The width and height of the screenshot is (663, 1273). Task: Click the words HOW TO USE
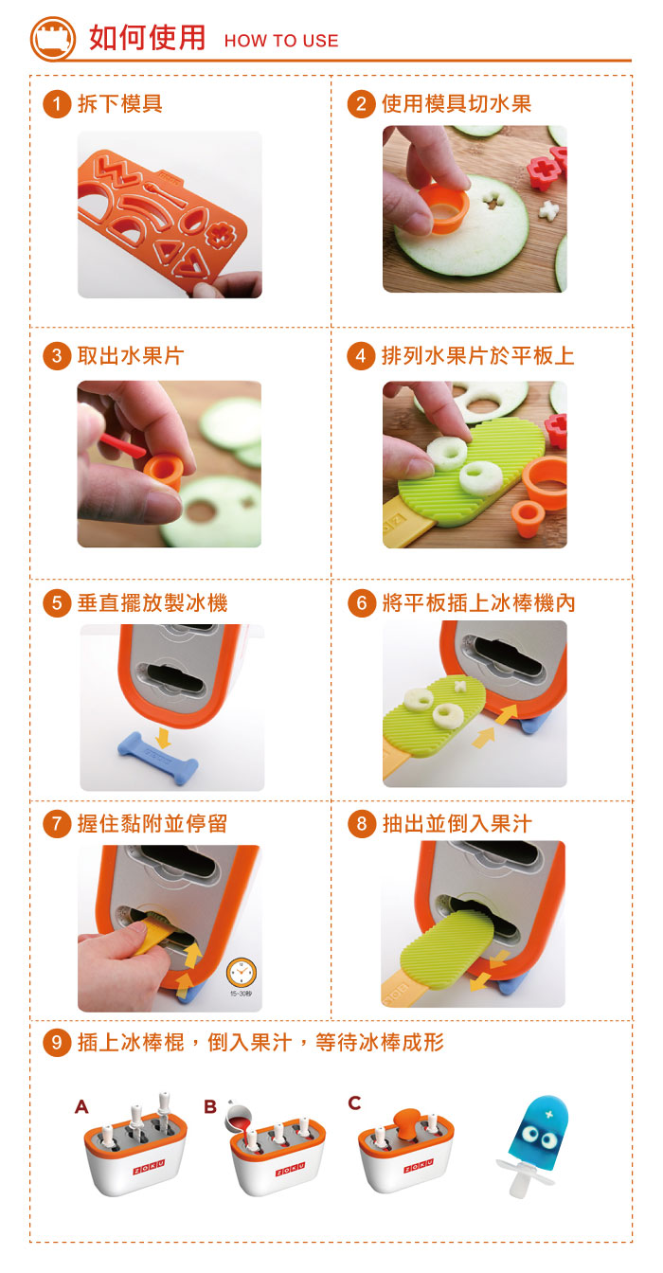(280, 41)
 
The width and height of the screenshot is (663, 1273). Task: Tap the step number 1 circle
(58, 103)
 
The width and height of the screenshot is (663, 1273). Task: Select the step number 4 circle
(361, 356)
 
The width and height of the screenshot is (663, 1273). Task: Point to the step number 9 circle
(58, 1043)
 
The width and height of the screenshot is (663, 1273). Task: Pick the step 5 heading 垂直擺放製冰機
(152, 602)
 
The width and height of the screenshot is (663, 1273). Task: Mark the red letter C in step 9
(354, 1103)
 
